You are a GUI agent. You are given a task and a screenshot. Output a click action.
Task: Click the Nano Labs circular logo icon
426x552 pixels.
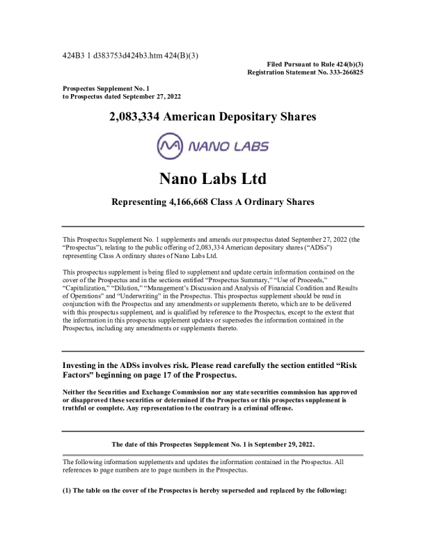(171, 147)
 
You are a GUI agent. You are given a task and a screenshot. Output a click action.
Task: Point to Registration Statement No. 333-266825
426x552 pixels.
(305, 72)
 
